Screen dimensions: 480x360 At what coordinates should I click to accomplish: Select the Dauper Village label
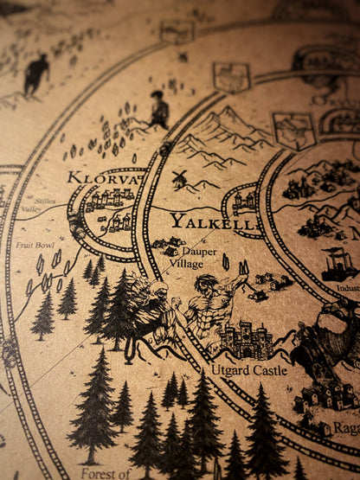186,257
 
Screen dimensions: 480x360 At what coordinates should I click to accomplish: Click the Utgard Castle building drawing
246,340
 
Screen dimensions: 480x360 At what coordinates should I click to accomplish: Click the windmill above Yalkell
179,179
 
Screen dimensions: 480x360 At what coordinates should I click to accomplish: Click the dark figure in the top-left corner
35,74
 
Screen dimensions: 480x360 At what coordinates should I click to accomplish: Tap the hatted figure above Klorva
158,110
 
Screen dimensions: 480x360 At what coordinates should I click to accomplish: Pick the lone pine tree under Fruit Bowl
42,316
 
